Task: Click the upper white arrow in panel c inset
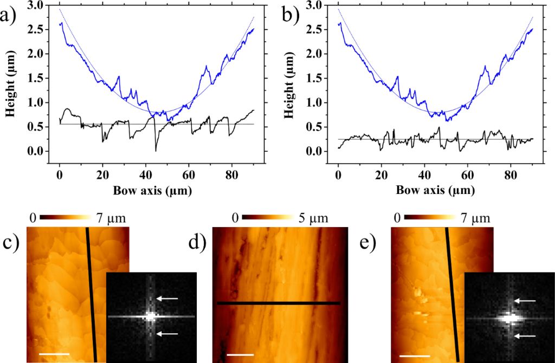coord(169,299)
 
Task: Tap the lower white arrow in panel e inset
coord(525,336)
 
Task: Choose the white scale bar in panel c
coord(54,354)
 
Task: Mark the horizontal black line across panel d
coord(278,303)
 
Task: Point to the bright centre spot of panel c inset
coord(150,316)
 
